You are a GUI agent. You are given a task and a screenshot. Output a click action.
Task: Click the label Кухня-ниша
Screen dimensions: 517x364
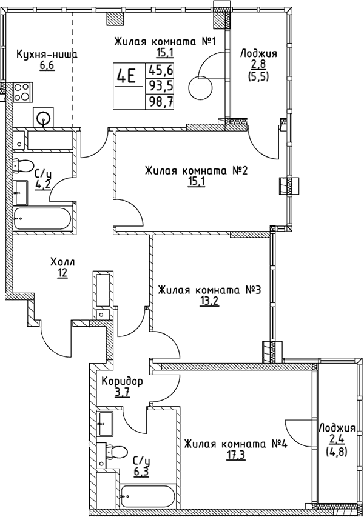47,54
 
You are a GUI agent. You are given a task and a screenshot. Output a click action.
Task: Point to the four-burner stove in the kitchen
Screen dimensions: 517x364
21,92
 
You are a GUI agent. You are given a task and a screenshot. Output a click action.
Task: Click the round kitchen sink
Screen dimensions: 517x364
43,118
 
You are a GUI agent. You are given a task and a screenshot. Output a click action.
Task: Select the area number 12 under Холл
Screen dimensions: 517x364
62,273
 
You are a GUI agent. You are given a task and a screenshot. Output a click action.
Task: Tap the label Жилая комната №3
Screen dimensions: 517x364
209,290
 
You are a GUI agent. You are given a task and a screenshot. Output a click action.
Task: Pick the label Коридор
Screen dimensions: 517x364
122,382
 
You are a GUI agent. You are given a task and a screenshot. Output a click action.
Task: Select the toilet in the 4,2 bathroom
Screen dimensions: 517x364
24,165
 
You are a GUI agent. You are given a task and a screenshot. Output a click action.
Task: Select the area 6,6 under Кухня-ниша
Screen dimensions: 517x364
47,65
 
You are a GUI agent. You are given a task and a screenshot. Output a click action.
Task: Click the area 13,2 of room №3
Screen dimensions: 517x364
209,302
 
